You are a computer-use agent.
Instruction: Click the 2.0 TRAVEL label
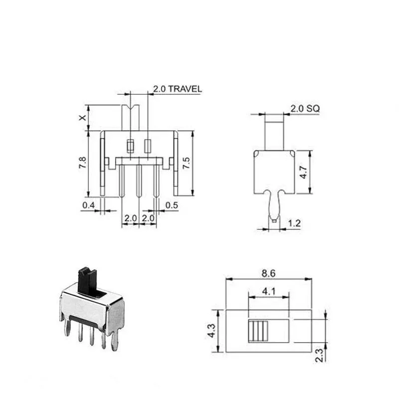click(x=178, y=89)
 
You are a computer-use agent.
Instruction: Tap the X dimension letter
click(x=82, y=118)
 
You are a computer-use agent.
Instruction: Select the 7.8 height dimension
click(x=82, y=163)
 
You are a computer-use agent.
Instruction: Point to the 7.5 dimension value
click(x=186, y=163)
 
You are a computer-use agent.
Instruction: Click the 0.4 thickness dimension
click(x=89, y=205)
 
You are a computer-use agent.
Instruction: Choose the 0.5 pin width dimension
click(x=172, y=205)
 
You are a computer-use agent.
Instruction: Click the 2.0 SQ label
click(x=305, y=109)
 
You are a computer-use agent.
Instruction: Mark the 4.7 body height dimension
click(x=303, y=172)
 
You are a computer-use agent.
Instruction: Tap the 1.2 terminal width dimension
click(x=294, y=223)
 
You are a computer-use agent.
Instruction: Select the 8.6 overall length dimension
click(x=268, y=273)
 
